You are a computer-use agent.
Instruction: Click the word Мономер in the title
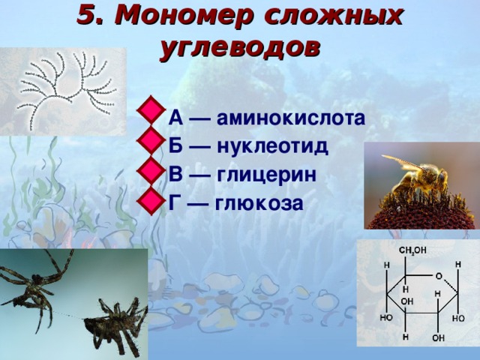tap(184, 16)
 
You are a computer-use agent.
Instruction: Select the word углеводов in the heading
tap(240, 49)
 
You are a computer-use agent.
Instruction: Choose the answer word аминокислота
tap(291, 118)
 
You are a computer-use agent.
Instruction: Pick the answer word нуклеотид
tap(273, 146)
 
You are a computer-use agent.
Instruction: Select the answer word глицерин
tap(267, 175)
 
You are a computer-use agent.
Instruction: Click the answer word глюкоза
tap(259, 203)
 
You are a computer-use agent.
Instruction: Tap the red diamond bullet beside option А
tap(151, 110)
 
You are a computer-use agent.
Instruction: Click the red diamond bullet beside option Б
tap(151, 140)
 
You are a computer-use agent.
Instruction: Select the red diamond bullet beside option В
tap(151, 171)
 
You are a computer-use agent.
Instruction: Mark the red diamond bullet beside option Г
tap(151, 201)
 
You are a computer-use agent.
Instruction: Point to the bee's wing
tap(403, 163)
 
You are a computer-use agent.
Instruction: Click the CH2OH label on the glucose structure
tap(412, 250)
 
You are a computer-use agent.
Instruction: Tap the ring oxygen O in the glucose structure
tap(439, 277)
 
